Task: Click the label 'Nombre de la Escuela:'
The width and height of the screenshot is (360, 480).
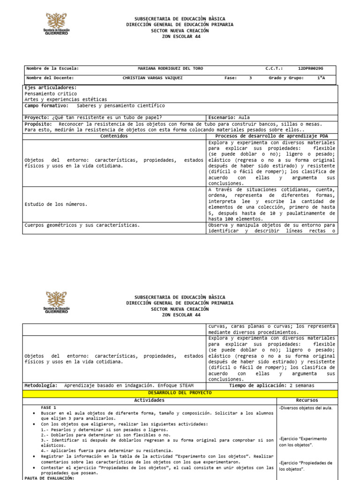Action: (x=52, y=68)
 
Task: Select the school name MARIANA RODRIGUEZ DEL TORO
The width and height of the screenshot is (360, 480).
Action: (x=170, y=68)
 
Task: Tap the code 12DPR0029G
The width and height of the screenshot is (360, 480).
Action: (x=310, y=68)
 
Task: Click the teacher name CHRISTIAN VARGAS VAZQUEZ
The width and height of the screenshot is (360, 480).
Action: (x=152, y=78)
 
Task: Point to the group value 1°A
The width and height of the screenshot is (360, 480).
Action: (x=321, y=78)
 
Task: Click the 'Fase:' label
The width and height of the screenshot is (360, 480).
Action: (x=231, y=78)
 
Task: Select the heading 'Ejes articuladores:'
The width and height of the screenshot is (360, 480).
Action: (x=51, y=88)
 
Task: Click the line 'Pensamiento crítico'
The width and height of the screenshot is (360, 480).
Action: (x=51, y=94)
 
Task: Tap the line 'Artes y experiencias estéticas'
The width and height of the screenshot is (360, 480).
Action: (x=66, y=99)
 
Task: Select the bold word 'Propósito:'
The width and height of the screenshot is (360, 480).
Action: (x=39, y=124)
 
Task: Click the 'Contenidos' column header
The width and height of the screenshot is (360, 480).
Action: (x=114, y=136)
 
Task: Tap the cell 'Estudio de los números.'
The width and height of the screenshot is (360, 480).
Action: (x=56, y=204)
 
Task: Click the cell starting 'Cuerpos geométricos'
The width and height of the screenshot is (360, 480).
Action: (x=82, y=225)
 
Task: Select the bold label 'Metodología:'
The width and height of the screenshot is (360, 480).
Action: (x=41, y=385)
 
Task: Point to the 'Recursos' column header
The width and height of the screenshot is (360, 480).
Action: (x=307, y=400)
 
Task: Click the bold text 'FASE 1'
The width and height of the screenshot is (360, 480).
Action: (x=48, y=408)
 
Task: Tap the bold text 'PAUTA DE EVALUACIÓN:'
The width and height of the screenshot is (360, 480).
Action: (x=49, y=478)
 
